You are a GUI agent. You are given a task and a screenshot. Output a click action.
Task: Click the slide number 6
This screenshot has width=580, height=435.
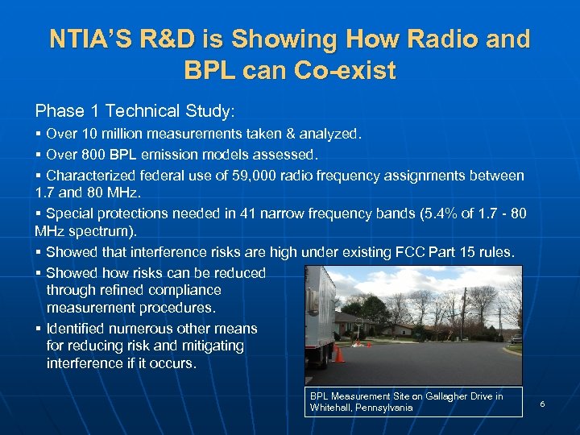point(542,403)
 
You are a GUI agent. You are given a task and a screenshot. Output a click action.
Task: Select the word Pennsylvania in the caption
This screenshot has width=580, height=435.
point(382,408)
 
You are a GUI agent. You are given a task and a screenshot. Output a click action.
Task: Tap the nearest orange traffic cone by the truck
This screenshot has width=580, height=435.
point(340,354)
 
